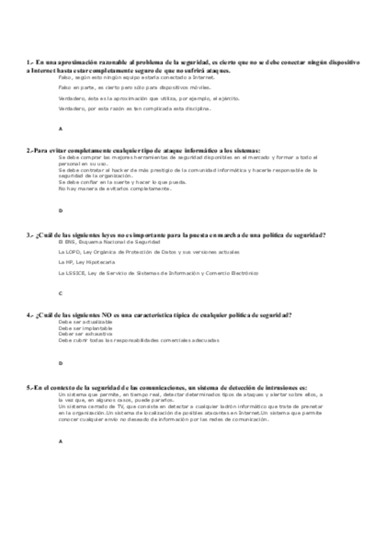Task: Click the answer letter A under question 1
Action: pos(60,129)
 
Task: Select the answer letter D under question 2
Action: pos(60,211)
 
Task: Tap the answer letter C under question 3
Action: pos(60,293)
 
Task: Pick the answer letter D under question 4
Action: pos(60,364)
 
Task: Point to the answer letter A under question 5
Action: pos(60,441)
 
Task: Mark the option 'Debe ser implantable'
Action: pos(84,328)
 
